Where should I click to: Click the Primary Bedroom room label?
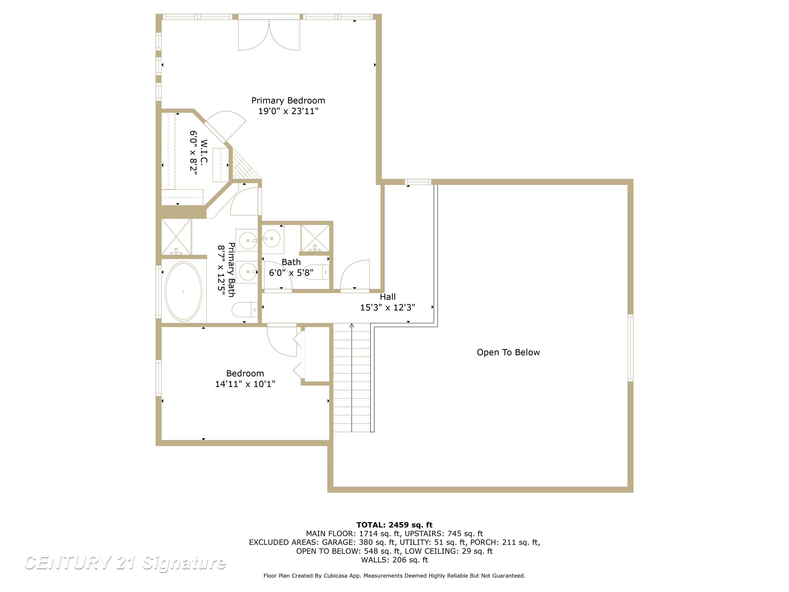pyautogui.click(x=288, y=101)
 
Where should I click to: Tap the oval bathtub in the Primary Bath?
pyautogui.click(x=183, y=291)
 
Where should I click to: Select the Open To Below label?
pyautogui.click(x=508, y=353)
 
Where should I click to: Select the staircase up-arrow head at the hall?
pyautogui.click(x=352, y=325)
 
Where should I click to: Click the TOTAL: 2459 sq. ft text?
pyautogui.click(x=394, y=525)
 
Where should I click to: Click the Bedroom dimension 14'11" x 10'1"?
pyautogui.click(x=245, y=384)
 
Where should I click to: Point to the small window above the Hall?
pyautogui.click(x=418, y=182)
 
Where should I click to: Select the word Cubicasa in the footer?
pyautogui.click(x=337, y=576)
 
